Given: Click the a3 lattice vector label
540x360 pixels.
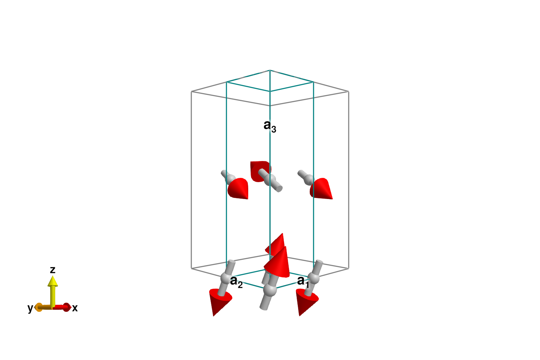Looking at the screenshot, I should [270, 126].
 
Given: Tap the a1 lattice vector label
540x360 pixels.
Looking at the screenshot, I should [303, 281].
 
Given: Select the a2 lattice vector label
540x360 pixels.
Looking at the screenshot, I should [236, 282].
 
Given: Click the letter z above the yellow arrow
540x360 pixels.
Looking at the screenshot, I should [53, 270].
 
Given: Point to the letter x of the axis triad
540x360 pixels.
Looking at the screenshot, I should [75, 308].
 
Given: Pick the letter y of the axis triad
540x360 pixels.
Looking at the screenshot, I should [30, 308].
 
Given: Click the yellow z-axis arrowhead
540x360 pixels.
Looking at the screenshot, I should [53, 281].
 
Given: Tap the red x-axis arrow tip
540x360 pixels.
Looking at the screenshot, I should [67, 307].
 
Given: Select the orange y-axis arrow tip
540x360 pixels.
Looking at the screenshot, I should [38, 307].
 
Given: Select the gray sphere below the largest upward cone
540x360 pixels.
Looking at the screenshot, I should [270, 290].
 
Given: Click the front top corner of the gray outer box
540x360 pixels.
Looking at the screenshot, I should [270, 105].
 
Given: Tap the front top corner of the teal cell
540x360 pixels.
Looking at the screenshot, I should [270, 91].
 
